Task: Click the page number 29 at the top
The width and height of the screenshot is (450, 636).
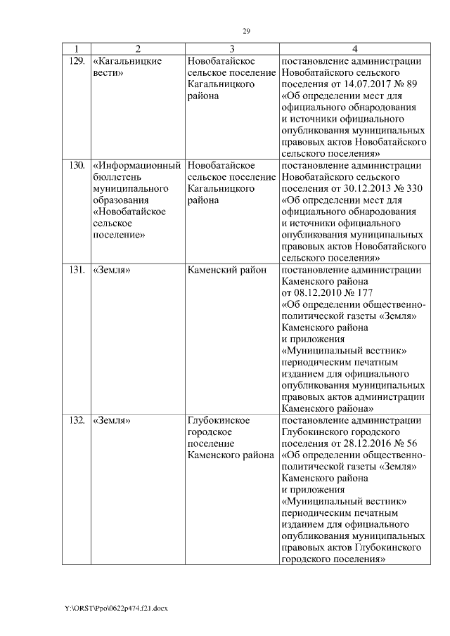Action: pyautogui.click(x=247, y=31)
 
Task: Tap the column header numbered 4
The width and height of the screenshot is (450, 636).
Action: pyautogui.click(x=354, y=49)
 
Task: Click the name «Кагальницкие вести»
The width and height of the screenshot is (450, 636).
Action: pyautogui.click(x=127, y=67)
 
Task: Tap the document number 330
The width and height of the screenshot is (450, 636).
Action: pyautogui.click(x=416, y=190)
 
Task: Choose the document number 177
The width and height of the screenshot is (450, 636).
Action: pyautogui.click(x=364, y=293)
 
